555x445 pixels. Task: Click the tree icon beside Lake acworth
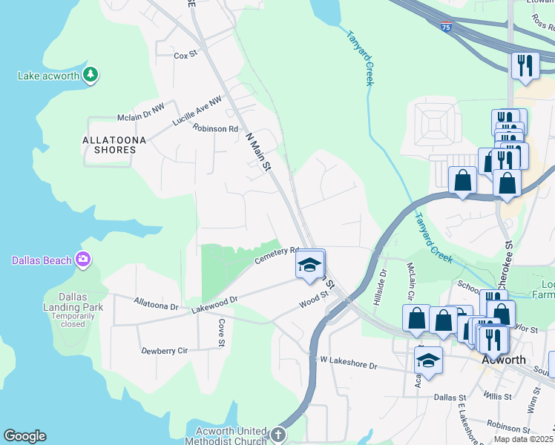[x=91, y=75]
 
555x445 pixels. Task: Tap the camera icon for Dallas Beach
[x=84, y=260]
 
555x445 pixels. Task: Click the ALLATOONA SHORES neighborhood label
[x=109, y=145]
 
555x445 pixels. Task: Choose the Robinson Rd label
[x=214, y=128]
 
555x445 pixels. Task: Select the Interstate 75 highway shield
[x=444, y=27]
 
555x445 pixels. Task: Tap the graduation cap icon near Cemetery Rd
[x=310, y=264]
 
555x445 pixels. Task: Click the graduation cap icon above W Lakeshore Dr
[x=428, y=361]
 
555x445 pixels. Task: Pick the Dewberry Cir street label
[x=163, y=350]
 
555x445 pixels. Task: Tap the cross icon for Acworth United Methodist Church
[x=277, y=435]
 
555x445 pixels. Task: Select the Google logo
[x=24, y=436]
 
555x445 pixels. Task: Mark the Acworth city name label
[x=504, y=360]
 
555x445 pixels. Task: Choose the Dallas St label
[x=453, y=398]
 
